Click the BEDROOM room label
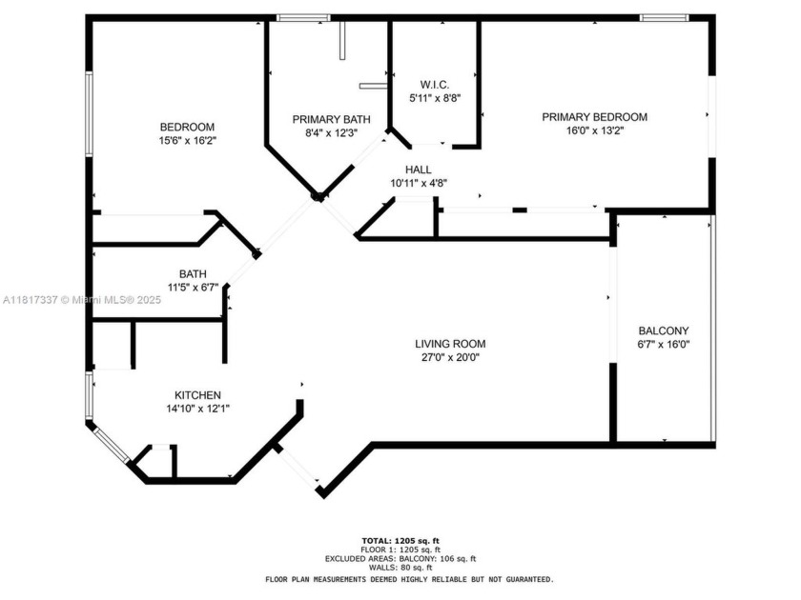[x=187, y=127]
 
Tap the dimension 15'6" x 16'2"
[x=187, y=140]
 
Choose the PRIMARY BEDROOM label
[x=594, y=117]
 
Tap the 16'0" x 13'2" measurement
[x=594, y=131]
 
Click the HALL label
[x=419, y=170]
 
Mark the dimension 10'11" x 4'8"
[x=419, y=183]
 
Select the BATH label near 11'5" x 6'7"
[x=194, y=273]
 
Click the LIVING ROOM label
[x=450, y=344]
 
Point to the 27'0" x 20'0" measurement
[x=450, y=358]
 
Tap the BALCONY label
[x=663, y=330]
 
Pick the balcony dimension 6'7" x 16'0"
[x=663, y=345]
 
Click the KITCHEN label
[x=197, y=395]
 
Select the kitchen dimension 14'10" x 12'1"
[x=197, y=409]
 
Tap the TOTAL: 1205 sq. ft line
[x=400, y=541]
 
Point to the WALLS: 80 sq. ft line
[x=400, y=569]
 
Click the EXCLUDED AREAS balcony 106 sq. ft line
[x=400, y=559]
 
